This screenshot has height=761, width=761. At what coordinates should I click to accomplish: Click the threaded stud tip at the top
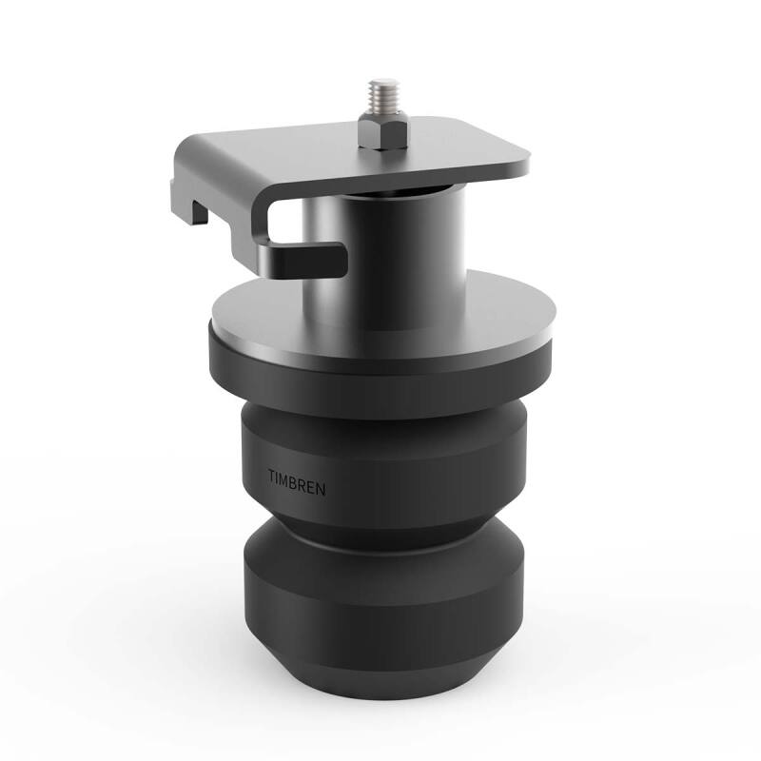click(385, 88)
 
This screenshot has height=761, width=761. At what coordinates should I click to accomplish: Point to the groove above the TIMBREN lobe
click(380, 411)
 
